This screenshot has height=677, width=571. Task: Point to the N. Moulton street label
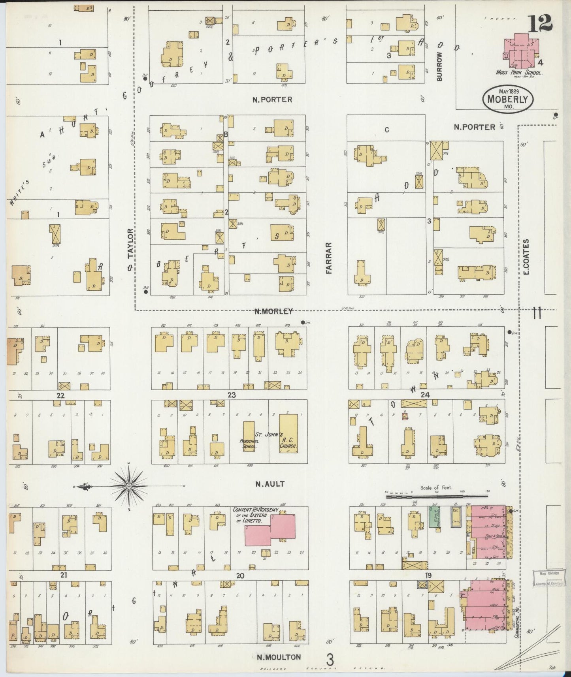click(x=278, y=657)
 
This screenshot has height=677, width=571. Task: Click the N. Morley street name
click(x=273, y=311)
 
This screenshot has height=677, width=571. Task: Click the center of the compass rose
click(x=129, y=486)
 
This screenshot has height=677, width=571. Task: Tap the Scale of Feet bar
click(x=437, y=493)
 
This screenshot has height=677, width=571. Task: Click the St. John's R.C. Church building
click(x=288, y=433)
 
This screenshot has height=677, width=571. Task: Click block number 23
click(x=232, y=395)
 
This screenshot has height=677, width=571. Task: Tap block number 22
click(x=60, y=395)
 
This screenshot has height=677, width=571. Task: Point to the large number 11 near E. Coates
click(x=536, y=313)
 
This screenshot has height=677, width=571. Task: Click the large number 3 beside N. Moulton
click(x=330, y=659)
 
